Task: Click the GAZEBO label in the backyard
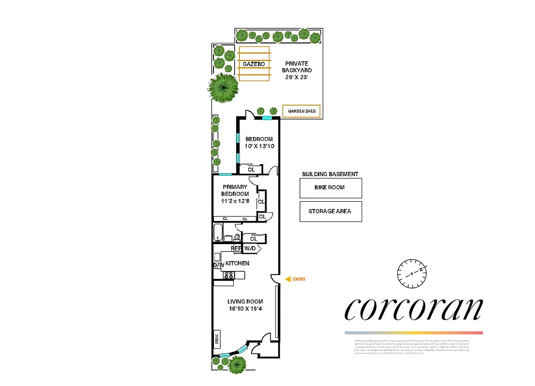coord(253,64)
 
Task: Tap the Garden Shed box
coord(302,111)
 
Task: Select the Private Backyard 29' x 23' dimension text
coord(296,77)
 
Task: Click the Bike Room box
coord(330,188)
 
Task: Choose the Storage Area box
coord(330,211)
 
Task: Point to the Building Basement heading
coord(330,174)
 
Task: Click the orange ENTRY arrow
coord(288,279)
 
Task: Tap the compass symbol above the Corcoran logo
coord(412,273)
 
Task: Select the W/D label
coord(250,248)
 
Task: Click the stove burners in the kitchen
coord(228,275)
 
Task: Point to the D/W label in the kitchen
coord(218,265)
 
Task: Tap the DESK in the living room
coord(217,339)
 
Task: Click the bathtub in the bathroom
coord(218,233)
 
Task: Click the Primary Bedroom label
coord(235,190)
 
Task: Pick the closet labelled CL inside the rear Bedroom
coord(251,169)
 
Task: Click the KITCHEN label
coord(237,263)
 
